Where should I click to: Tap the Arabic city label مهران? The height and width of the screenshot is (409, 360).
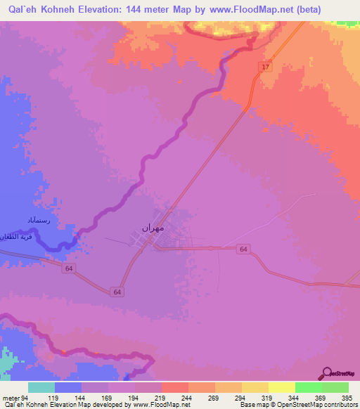pyautogui.click(x=153, y=228)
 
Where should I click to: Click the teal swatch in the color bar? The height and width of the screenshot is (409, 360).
pyautogui.click(x=42, y=387)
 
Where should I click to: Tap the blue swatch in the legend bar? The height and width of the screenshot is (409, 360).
pyautogui.click(x=69, y=387)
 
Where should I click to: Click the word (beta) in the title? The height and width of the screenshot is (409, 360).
pyautogui.click(x=289, y=10)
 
